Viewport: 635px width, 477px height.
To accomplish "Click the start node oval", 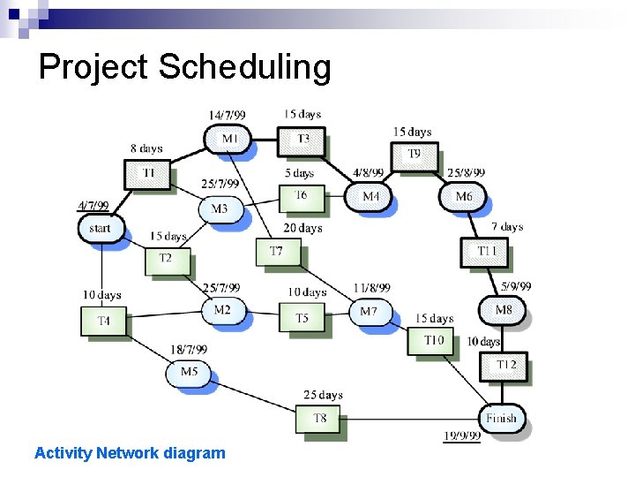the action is click(101, 228).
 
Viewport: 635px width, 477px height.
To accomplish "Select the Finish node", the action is click(502, 418).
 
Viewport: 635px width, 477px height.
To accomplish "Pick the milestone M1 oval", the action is click(228, 139).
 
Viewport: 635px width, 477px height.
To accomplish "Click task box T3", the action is click(302, 139).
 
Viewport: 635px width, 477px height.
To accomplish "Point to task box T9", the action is click(414, 155).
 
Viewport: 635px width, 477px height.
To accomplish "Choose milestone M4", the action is click(371, 196).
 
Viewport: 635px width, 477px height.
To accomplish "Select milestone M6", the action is click(464, 196).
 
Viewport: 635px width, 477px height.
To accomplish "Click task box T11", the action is click(485, 252).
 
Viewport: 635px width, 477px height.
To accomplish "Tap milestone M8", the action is click(502, 310).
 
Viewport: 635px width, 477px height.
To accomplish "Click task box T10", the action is click(432, 341).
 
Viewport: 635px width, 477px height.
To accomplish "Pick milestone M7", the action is click(369, 311).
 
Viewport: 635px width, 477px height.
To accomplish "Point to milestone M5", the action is click(189, 372).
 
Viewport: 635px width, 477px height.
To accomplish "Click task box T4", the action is click(103, 322).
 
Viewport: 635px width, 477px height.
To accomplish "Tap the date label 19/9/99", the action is click(461, 435).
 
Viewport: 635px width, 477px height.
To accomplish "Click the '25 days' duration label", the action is click(323, 395).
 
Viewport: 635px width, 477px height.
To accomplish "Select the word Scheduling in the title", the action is click(243, 66).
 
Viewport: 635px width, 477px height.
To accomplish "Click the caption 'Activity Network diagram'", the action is click(130, 453).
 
